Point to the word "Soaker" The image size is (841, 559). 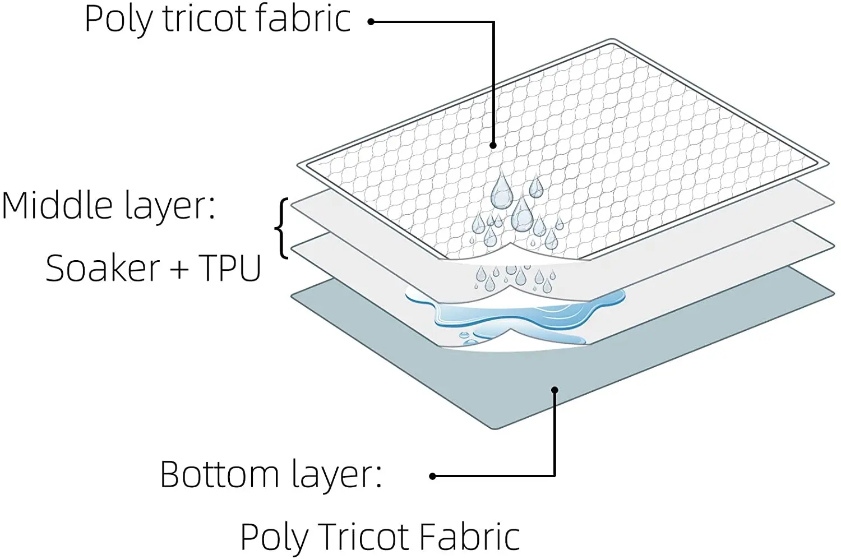(x=103, y=268)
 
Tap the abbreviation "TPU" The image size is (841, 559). (x=230, y=268)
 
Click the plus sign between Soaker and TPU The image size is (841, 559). (x=179, y=269)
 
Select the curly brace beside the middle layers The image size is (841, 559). (x=282, y=228)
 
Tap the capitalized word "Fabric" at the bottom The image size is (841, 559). (x=470, y=537)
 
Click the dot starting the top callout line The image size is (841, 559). (x=371, y=22)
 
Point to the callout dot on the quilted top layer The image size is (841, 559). (x=493, y=145)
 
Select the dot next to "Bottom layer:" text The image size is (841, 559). (x=432, y=476)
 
